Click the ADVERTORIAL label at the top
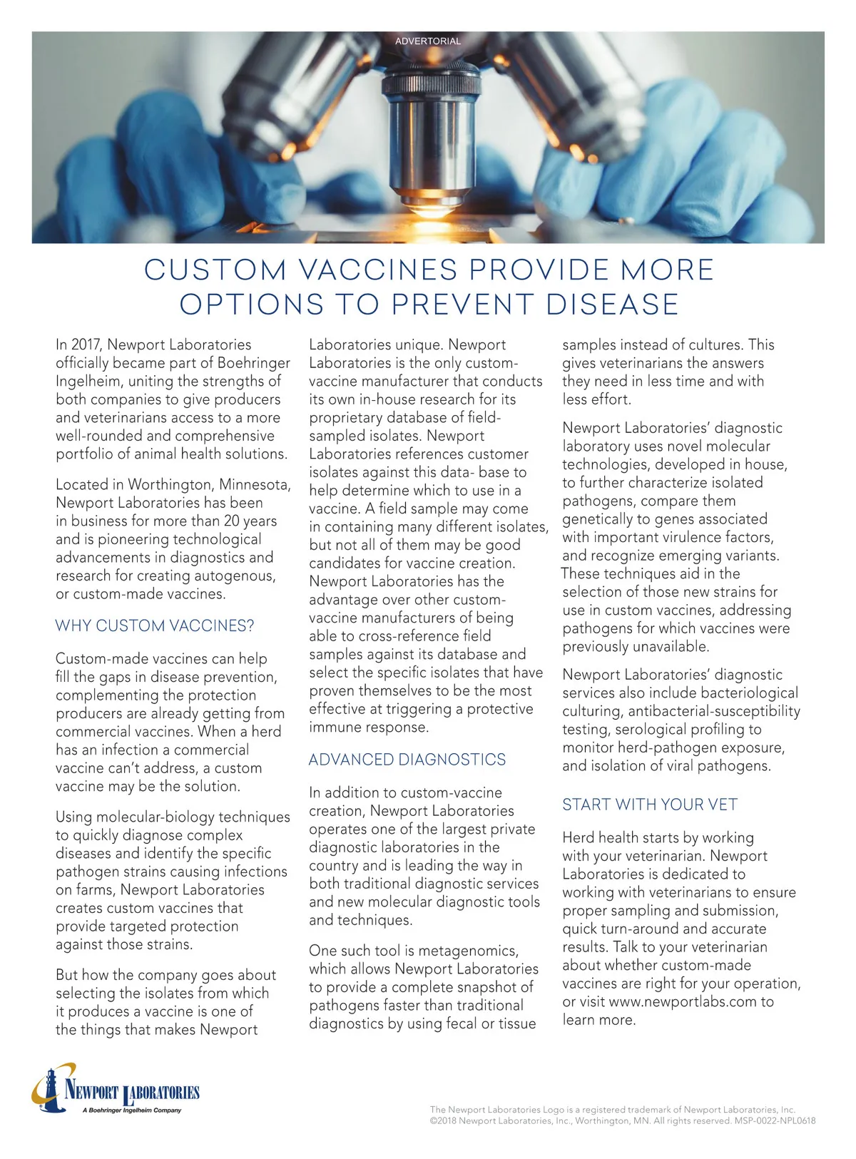click(x=428, y=41)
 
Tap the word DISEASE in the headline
click(x=612, y=305)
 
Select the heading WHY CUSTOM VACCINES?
click(x=155, y=626)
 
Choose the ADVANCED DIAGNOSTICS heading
click(x=407, y=760)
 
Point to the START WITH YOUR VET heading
click(x=650, y=805)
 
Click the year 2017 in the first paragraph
click(x=85, y=345)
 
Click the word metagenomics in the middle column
click(x=468, y=951)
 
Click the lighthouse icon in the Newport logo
click(x=50, y=1088)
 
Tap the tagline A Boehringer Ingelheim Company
click(x=132, y=1110)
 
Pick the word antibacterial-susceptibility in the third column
click(x=714, y=711)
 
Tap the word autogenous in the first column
click(x=236, y=576)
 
